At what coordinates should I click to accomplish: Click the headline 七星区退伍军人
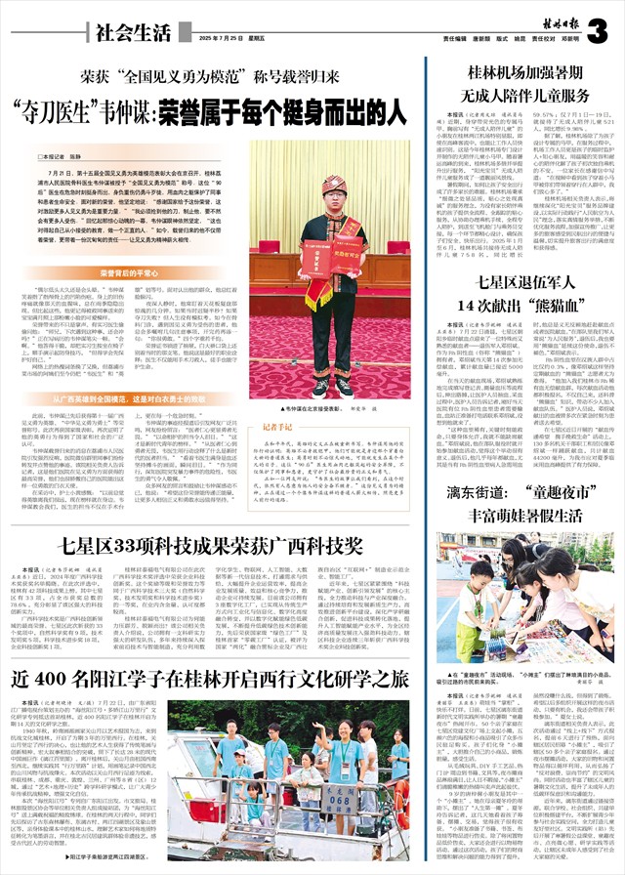click(519, 257)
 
